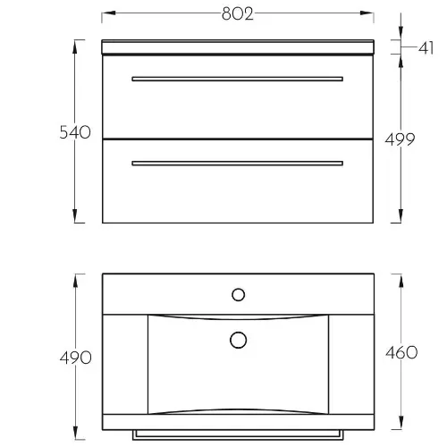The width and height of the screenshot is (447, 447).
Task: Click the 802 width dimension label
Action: coord(238,14)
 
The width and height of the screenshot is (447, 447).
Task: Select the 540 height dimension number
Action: coord(75,132)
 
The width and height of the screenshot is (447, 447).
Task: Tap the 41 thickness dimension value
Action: coord(426,47)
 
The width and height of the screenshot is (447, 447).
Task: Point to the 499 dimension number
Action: coord(400,139)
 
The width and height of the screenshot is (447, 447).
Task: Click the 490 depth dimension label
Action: coord(75,358)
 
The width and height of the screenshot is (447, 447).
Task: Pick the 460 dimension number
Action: coord(401,353)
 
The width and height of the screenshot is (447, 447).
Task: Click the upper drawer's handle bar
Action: coord(237,79)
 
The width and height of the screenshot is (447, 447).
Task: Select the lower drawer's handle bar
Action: coord(237,164)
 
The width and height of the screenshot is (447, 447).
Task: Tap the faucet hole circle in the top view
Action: coord(239,295)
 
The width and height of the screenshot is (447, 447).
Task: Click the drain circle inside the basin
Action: coord(239,340)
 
